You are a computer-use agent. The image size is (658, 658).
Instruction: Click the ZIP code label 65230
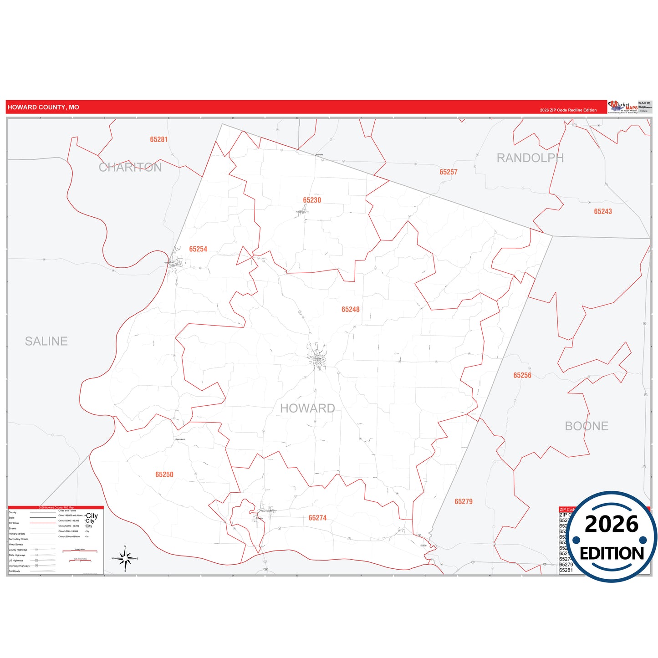[312, 200]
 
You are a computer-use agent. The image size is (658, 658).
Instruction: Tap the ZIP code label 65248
[351, 309]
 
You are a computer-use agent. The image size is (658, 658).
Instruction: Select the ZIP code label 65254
[198, 249]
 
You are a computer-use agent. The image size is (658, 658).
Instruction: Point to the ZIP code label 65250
[164, 474]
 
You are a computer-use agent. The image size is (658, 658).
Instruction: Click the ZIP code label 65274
[317, 518]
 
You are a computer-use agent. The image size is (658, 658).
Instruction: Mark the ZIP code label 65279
[464, 501]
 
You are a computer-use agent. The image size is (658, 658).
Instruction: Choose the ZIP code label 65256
[522, 375]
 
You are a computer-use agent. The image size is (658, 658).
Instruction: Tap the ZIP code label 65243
[603, 211]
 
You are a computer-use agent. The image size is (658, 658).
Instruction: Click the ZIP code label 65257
[449, 172]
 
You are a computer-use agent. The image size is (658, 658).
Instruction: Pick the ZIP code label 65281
[159, 139]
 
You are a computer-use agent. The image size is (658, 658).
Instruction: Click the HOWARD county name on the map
[307, 408]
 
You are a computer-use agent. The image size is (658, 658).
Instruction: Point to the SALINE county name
[46, 341]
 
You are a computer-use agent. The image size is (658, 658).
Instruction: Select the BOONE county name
[587, 426]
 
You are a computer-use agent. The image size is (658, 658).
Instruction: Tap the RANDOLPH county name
[530, 158]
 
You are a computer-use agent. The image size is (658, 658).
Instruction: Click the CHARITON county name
[130, 167]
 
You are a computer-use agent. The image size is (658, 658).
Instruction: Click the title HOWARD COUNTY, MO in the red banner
[43, 107]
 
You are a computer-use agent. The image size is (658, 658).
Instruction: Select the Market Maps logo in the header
[623, 107]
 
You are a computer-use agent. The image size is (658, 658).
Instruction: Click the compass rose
[125, 558]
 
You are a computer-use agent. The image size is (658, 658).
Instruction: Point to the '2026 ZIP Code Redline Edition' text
[568, 110]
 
